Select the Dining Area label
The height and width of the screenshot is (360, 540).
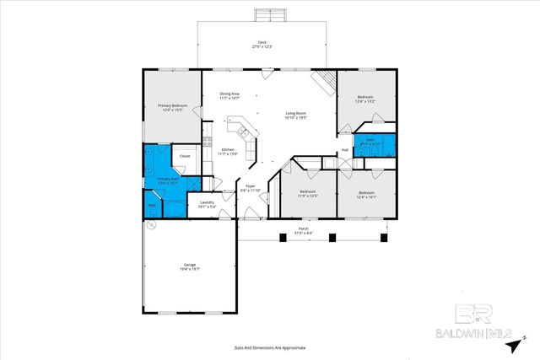230,95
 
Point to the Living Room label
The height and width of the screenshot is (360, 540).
294,116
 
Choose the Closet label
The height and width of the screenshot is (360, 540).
185,156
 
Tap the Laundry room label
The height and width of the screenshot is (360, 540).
206,203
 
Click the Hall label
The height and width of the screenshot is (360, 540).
345,150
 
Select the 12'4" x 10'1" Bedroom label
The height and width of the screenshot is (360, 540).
365,195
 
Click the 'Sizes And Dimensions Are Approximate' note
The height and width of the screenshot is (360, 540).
269,347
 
